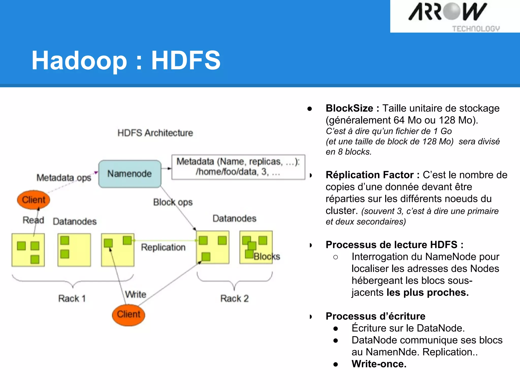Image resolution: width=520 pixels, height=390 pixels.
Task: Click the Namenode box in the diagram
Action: coord(130,174)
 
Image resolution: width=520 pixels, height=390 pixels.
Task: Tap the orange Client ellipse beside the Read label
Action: coord(34,200)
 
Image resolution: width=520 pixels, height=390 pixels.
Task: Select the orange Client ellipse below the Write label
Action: coord(128,315)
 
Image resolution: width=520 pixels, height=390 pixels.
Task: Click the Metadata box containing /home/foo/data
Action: coord(238,167)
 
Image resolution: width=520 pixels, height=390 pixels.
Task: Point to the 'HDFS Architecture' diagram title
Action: coord(155,133)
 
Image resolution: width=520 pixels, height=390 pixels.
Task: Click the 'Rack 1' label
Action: coord(72,298)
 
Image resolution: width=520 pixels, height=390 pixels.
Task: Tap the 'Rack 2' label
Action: coord(234,298)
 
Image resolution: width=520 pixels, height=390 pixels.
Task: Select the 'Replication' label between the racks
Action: coord(163,247)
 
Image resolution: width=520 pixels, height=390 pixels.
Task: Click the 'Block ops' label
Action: coord(173,202)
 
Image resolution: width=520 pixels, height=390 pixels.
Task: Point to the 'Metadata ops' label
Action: coord(64,177)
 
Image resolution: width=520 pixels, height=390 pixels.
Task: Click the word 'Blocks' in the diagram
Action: coord(267,256)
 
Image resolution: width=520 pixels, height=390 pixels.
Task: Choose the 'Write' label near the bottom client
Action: coord(136,294)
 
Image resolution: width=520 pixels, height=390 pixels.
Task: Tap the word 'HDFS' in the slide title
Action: coord(186,60)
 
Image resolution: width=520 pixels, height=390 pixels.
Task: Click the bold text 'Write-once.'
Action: coord(379,364)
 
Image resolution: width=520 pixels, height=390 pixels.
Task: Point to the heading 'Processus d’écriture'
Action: coord(375,316)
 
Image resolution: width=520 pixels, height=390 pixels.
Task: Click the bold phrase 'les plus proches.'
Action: coord(428,292)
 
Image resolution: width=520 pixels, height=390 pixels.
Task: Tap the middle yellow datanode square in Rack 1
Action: coord(74,250)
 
